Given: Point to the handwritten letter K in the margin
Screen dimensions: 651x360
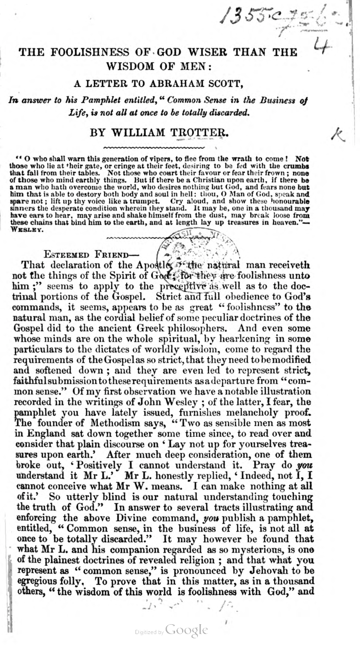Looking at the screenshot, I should [x=337, y=135].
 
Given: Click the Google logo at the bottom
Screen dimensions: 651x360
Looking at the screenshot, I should [x=186, y=630].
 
